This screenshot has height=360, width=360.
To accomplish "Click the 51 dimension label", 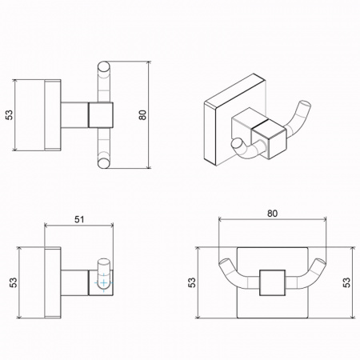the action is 79,219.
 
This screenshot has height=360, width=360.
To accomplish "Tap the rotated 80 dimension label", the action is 143,115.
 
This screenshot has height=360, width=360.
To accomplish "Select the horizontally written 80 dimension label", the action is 272,214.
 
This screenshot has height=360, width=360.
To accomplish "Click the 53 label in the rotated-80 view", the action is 9,115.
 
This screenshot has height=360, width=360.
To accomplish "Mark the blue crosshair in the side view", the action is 104,282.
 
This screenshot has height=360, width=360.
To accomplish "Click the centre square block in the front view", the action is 272,282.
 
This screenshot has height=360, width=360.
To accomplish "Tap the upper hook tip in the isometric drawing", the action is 305,105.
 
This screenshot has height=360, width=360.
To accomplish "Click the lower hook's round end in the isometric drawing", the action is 236,144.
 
